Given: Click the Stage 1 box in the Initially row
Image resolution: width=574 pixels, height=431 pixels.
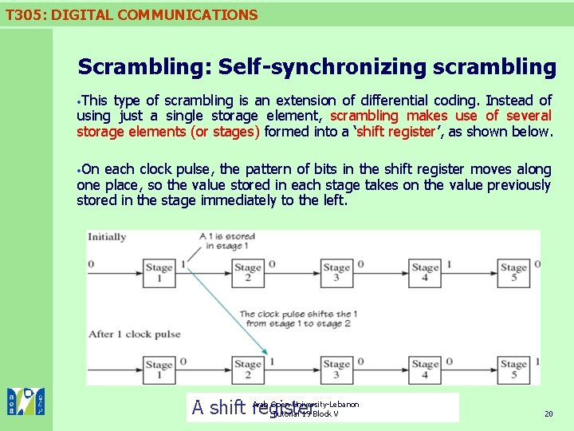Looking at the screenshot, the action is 159,272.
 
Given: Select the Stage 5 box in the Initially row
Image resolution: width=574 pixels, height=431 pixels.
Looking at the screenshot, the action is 513,272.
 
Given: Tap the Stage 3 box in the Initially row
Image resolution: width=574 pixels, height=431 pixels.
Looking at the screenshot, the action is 336,272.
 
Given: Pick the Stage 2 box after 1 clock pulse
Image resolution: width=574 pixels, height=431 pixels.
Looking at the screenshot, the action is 248,370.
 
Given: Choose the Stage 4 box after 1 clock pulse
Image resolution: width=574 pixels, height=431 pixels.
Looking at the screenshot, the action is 425,370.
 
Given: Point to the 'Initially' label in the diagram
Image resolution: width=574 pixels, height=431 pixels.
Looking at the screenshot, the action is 107,236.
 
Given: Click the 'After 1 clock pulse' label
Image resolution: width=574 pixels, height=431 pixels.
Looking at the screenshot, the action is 135,334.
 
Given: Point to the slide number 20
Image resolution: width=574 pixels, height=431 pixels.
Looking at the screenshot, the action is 548,413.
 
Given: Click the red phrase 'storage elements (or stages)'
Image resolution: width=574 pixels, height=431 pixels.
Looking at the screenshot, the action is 168,132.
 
